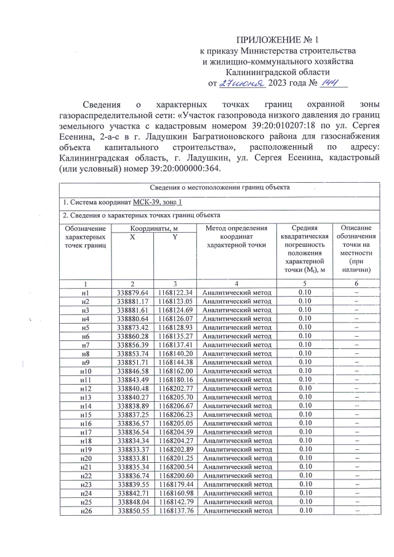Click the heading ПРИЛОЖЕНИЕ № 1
[x=278, y=40]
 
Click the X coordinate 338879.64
[x=133, y=292]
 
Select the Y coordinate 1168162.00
[x=175, y=372]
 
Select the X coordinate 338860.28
[x=133, y=337]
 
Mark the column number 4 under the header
[x=236, y=283]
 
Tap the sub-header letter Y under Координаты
[x=175, y=237]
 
